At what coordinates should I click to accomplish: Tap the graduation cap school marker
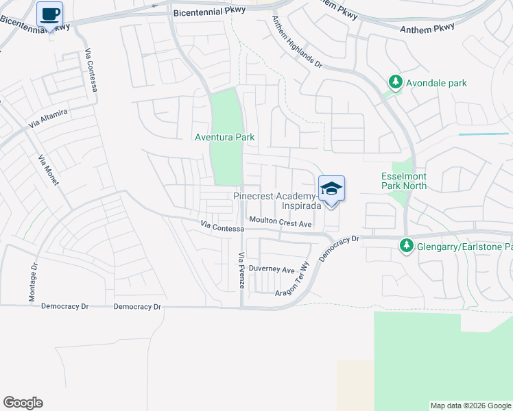331,189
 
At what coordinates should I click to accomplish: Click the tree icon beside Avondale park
396,83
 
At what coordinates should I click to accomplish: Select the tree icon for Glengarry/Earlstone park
406,245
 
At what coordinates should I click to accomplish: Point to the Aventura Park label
224,137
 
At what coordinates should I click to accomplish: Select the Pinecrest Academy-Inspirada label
278,200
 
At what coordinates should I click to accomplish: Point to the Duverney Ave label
272,269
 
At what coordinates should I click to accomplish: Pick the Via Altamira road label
48,120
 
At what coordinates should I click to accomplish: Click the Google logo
23,403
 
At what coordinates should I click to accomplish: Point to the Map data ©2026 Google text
470,406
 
